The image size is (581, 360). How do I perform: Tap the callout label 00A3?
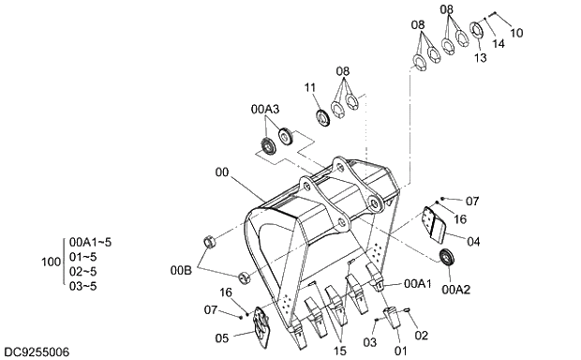coord(265,110)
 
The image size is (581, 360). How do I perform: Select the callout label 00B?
coord(181,271)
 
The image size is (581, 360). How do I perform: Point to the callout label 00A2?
coord(455,290)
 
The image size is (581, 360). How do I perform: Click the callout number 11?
coord(310,88)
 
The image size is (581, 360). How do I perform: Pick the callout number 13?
coord(480,58)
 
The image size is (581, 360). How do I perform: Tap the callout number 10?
coord(516,33)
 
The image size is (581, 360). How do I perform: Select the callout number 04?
coord(473,242)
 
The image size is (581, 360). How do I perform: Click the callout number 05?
coord(221,338)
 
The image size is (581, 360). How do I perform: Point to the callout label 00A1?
coord(418,284)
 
